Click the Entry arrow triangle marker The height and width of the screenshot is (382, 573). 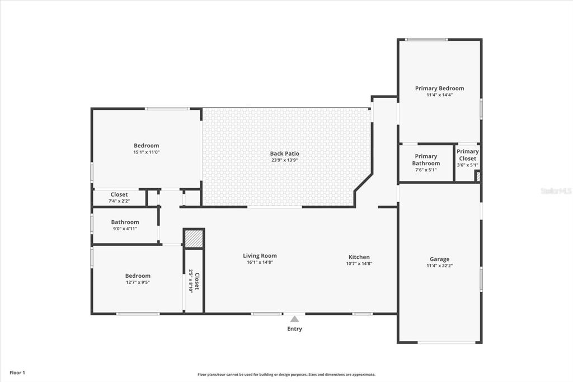click(294, 319)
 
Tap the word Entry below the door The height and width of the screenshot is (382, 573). click(294, 329)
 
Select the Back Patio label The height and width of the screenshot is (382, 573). click(285, 153)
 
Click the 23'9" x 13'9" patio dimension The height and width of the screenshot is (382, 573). click(285, 160)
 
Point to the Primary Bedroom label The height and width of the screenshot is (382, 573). click(440, 88)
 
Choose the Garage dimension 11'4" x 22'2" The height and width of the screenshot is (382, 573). click(440, 265)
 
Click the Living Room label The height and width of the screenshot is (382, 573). click(260, 256)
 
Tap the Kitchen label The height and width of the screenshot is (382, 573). click(359, 257)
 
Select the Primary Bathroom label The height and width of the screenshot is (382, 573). click(426, 160)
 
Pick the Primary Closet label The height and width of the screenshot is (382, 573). click(468, 155)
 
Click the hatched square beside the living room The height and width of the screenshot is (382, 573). click(193, 239)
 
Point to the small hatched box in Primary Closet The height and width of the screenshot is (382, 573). click(477, 176)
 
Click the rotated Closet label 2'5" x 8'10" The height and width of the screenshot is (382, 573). click(194, 281)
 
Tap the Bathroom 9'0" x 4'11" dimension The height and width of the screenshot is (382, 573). click(125, 229)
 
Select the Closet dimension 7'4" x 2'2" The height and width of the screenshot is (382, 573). click(119, 201)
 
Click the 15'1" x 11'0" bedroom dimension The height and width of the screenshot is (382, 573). click(147, 152)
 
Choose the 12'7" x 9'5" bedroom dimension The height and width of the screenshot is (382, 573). click(138, 282)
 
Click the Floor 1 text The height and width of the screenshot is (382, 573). click(17, 373)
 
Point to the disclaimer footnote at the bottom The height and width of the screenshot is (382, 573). click(286, 375)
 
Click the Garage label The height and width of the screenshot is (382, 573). click(440, 259)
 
